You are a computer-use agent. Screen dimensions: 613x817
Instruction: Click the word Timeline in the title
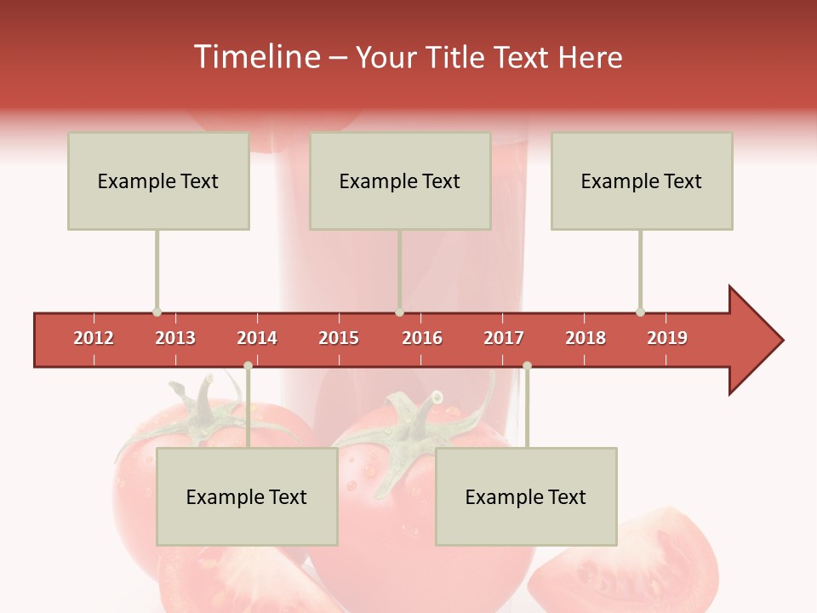tap(256, 57)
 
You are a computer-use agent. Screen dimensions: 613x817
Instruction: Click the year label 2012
tap(94, 338)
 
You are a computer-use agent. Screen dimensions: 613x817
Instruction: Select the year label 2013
tap(175, 338)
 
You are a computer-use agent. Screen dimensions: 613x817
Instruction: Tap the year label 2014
tap(257, 338)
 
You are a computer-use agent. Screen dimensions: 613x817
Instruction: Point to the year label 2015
tap(339, 338)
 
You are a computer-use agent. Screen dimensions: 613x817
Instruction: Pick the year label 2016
tap(422, 338)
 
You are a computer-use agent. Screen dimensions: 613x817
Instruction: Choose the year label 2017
tap(504, 338)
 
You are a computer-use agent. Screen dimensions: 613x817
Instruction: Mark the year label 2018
tap(586, 338)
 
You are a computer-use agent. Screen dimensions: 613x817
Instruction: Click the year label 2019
tap(667, 338)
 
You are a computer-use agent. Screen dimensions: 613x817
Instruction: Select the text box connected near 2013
tap(158, 180)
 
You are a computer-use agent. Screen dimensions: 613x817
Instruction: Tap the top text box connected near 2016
tap(400, 180)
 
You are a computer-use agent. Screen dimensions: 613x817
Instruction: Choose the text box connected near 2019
tap(642, 180)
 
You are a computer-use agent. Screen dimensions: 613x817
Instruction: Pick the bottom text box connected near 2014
tap(247, 496)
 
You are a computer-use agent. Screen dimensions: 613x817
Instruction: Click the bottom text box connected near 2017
tap(526, 496)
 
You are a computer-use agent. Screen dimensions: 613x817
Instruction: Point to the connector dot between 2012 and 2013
tap(157, 312)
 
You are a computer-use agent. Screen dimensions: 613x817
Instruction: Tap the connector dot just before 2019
tap(640, 312)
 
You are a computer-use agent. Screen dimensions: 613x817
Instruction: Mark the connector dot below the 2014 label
tap(248, 366)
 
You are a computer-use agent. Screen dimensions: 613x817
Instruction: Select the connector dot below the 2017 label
tap(527, 366)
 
